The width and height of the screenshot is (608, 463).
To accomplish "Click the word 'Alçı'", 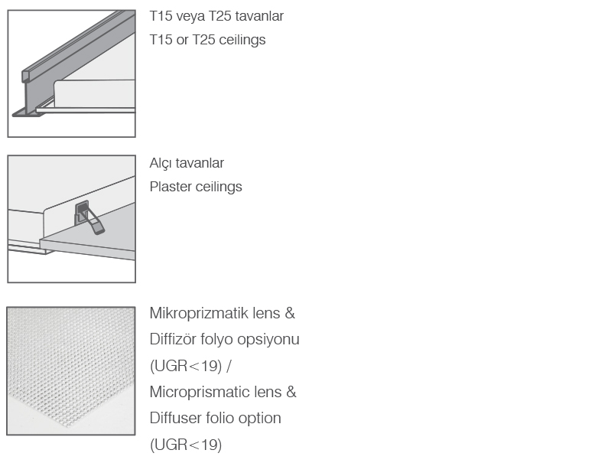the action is pos(161,163).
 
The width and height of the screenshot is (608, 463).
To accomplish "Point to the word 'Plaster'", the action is pos(171,187).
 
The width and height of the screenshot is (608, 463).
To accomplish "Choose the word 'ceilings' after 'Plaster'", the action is pos(219,187).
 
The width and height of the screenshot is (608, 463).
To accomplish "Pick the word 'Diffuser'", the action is pos(173,418).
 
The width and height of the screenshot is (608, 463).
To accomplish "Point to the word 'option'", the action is pos(260,418).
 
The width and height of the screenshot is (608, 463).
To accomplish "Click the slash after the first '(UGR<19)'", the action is pos(229,366).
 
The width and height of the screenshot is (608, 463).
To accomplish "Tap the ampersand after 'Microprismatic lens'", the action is pos(291,392).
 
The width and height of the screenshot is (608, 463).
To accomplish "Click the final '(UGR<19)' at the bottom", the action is pos(186,445).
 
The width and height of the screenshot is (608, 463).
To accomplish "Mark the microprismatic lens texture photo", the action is pos(71,371).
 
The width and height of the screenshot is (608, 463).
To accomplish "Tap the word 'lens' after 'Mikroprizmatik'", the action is pos(266,313).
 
